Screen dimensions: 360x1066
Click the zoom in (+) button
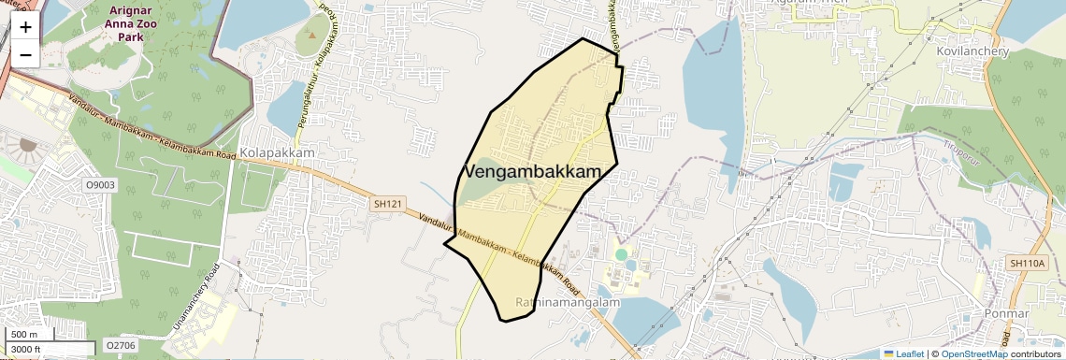[25, 27]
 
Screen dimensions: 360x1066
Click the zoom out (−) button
[25, 53]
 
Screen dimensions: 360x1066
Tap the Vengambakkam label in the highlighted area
[531, 172]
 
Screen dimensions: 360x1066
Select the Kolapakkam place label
[277, 152]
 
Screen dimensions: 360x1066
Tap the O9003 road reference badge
[100, 185]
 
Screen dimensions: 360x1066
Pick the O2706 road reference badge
[120, 346]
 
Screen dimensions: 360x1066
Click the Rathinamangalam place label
[561, 303]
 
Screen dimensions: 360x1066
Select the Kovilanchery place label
[973, 51]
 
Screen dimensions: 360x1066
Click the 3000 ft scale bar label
[26, 348]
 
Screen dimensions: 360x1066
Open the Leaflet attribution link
[903, 353]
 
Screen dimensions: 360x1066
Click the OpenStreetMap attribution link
[973, 353]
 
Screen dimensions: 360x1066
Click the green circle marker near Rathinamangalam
[621, 254]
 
